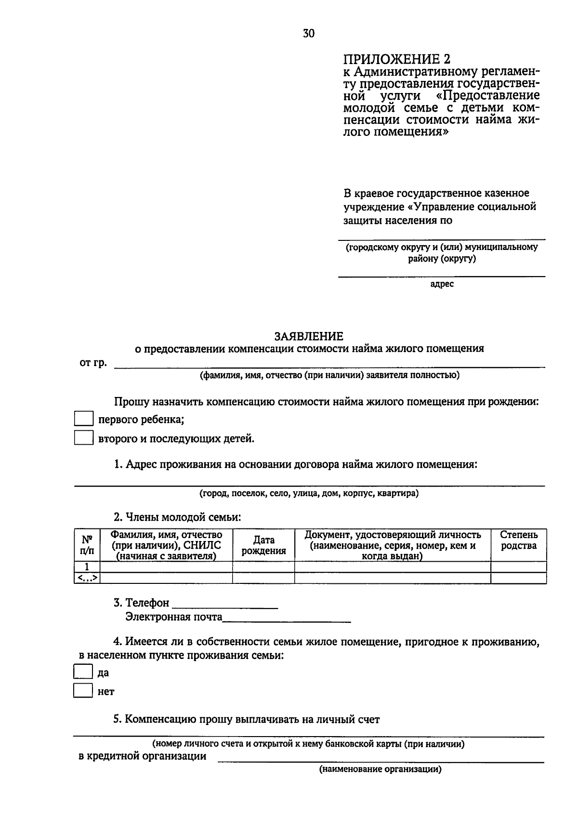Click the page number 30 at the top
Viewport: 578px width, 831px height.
309,33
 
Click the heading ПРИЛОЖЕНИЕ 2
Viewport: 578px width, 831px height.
397,59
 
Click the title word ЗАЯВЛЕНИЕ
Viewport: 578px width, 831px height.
309,336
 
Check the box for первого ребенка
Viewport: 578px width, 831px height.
83,419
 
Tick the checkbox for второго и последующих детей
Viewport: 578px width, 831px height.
83,438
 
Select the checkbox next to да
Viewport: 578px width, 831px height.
82,672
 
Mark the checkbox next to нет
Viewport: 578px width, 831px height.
82,691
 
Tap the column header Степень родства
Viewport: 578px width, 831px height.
519,540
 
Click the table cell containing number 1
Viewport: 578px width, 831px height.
87,567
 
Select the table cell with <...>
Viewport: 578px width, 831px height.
87,578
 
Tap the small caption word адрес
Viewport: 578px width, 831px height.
442,284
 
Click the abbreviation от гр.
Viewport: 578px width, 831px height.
93,363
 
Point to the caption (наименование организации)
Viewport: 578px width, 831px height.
380,769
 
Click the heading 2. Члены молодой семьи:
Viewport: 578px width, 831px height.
177,517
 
